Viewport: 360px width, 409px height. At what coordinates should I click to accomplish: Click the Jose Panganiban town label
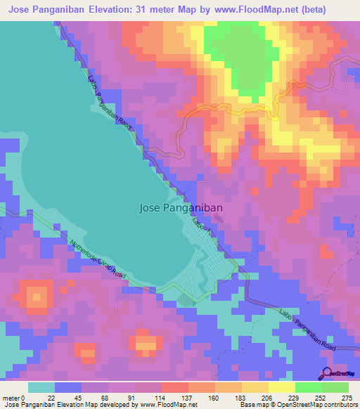coord(181,207)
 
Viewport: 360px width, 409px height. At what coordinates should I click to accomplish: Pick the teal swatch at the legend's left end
coord(41,387)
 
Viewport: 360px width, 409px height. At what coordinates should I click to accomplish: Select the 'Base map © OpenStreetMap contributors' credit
coord(297,405)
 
